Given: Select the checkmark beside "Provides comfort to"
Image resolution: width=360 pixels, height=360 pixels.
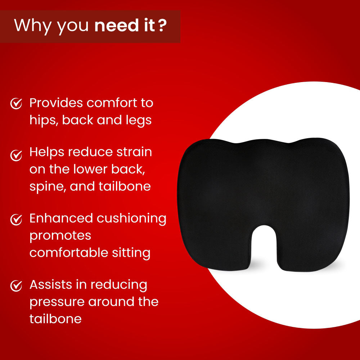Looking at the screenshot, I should [16, 104].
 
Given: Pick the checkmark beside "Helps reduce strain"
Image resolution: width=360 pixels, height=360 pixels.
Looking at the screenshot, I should [16, 155].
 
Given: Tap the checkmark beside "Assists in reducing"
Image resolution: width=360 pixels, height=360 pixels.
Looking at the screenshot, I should [16, 285].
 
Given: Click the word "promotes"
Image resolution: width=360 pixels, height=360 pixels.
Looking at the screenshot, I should [60, 236].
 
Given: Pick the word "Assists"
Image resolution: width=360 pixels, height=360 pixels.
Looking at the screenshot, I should [51, 284].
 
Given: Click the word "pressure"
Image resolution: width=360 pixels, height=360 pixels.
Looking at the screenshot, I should [57, 302].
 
